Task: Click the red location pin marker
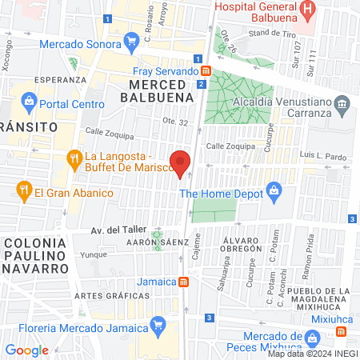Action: pos(181,162)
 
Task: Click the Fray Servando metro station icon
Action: pos(206,71)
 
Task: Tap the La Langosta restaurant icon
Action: pos(74,158)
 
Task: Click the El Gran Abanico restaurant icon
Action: pos(23,191)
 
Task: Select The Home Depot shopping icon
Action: pos(274,191)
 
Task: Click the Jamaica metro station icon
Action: pos(184,282)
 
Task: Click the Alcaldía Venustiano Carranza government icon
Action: pos(342,102)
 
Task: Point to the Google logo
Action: pos(26,350)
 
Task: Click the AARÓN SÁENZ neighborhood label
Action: pos(156,241)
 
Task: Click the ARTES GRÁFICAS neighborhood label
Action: pos(102,295)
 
